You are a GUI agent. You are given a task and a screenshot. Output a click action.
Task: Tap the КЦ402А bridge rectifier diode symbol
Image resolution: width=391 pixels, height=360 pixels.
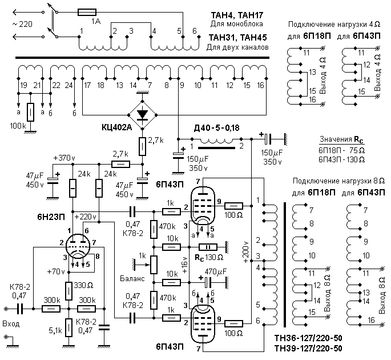point(143,113)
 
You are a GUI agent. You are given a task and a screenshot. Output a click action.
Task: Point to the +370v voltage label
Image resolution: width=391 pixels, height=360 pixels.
point(63,157)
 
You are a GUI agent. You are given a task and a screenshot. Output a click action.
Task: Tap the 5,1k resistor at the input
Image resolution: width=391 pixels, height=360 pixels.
point(69,329)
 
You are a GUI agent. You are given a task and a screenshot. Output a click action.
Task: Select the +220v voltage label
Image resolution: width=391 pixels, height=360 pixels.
point(85,217)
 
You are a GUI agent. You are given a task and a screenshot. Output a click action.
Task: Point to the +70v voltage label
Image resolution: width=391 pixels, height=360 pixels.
point(54,272)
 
